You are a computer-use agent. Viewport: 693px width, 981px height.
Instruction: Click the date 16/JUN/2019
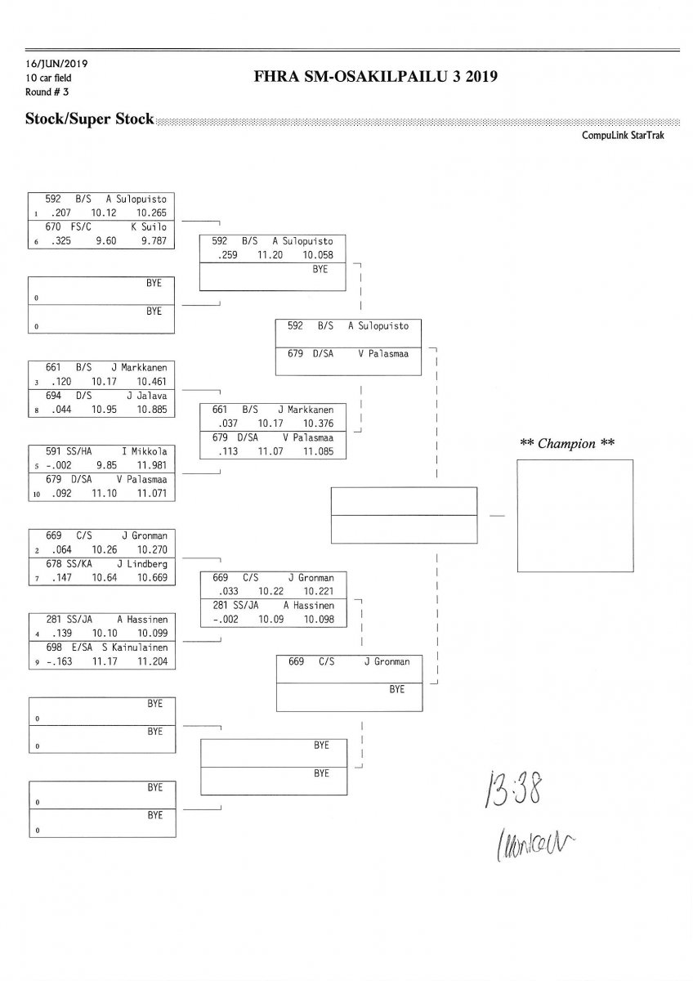pyautogui.click(x=50, y=64)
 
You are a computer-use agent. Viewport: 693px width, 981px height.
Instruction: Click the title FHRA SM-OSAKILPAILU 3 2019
pyautogui.click(x=376, y=78)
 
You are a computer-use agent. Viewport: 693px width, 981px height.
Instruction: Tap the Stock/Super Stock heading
pyautogui.click(x=89, y=119)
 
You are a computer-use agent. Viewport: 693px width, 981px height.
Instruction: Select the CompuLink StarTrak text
pyautogui.click(x=623, y=136)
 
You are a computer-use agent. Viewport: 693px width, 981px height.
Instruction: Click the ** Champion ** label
pyautogui.click(x=568, y=443)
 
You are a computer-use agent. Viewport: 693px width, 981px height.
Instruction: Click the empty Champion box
pyautogui.click(x=575, y=515)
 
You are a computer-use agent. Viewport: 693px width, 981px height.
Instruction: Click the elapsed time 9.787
pyautogui.click(x=152, y=240)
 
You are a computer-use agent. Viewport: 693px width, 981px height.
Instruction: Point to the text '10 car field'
pyautogui.click(x=49, y=78)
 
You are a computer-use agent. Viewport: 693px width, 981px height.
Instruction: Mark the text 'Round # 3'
pyautogui.click(x=46, y=92)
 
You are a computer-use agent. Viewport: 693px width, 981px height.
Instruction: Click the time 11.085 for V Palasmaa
pyautogui.click(x=319, y=450)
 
